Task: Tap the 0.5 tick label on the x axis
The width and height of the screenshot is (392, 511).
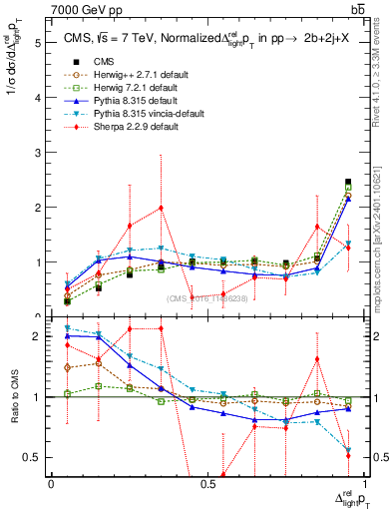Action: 207,484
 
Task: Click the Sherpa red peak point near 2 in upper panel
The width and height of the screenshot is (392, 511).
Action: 161,208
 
